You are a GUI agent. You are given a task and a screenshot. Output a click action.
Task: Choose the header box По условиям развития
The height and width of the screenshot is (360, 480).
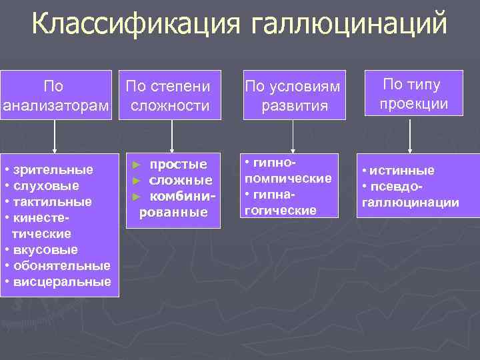(294, 96)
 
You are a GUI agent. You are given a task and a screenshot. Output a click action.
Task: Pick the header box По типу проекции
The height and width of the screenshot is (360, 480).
(413, 94)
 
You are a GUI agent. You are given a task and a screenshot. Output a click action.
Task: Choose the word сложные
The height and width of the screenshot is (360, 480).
(180, 181)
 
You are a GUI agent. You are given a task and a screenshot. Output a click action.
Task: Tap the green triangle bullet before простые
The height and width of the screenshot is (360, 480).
(137, 165)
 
